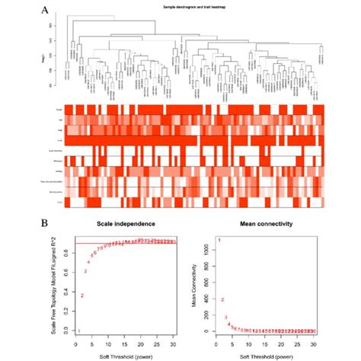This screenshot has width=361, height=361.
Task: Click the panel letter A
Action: (x=47, y=11)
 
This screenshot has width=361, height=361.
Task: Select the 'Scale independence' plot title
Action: (x=126, y=225)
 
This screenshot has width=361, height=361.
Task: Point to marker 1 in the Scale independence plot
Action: (x=78, y=331)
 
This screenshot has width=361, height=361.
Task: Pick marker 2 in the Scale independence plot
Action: (x=82, y=295)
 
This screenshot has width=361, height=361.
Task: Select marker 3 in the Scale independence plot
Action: (x=86, y=271)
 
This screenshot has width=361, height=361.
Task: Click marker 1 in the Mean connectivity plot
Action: (x=220, y=241)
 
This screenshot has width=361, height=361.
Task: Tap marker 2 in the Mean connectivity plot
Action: (x=223, y=299)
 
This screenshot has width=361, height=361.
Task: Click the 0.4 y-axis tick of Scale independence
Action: (x=67, y=293)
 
